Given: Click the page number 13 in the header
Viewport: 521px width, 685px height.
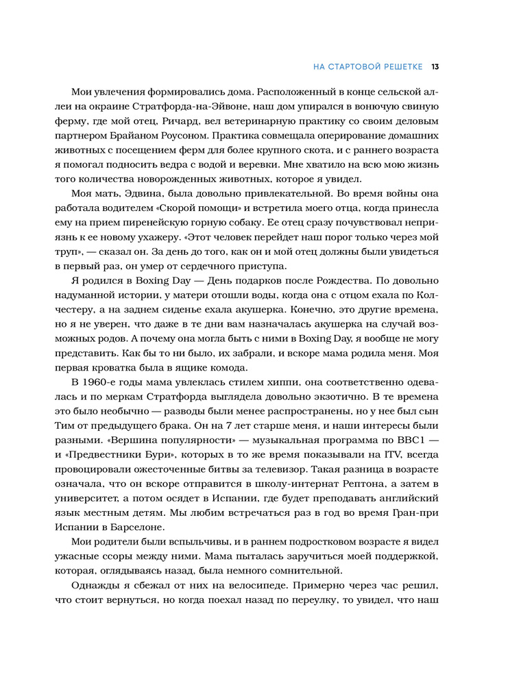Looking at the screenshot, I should (435, 67).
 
